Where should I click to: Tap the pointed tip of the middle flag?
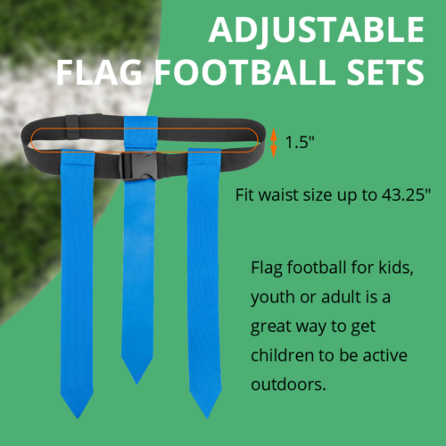pyautogui.click(x=137, y=380)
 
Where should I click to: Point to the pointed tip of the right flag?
pyautogui.click(x=205, y=411)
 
